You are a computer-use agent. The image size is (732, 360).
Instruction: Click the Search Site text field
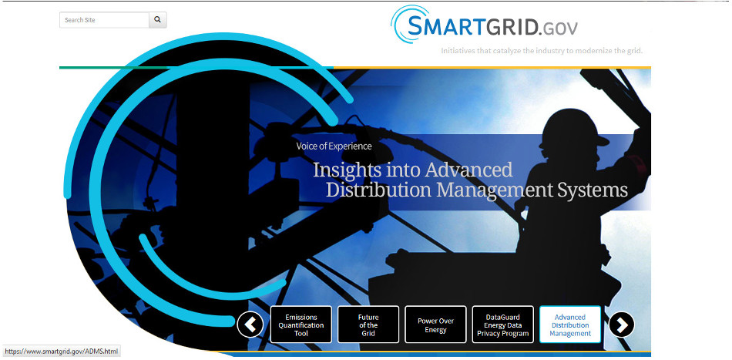pos(104,20)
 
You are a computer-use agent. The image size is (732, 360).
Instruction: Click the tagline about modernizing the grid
pos(542,50)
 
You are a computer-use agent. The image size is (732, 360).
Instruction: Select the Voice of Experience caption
pos(334,146)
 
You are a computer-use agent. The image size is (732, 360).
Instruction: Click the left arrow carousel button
pos(250,325)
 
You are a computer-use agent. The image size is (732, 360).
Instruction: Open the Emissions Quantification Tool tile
pos(301,325)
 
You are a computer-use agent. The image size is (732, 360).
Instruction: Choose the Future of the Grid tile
pos(368,325)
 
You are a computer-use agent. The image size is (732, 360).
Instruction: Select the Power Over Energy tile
pos(435,325)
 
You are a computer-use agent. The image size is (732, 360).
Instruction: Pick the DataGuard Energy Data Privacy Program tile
pos(503,325)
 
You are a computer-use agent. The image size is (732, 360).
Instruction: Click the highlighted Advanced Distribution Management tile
pos(570,325)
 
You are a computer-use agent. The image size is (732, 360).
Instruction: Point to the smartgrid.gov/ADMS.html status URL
pos(62,351)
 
